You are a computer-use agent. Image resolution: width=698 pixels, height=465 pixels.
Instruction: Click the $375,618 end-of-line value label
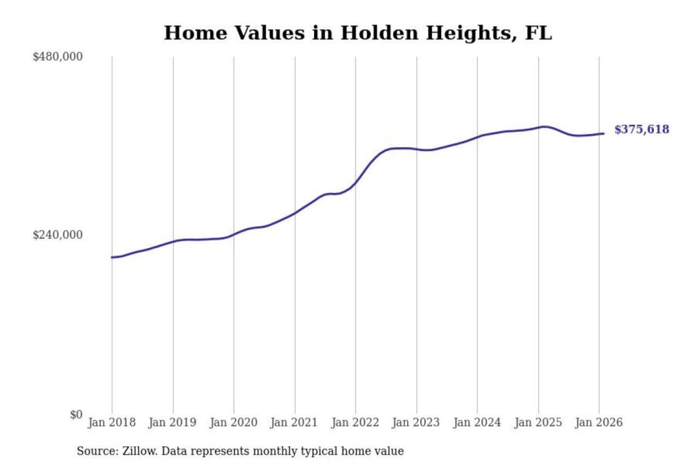pyautogui.click(x=641, y=129)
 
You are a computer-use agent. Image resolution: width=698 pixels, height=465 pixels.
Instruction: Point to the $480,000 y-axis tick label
pyautogui.click(x=58, y=57)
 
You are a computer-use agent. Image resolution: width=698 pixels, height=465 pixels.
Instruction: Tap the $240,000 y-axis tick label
pyautogui.click(x=58, y=235)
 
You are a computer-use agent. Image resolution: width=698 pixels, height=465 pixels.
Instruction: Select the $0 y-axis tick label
pyautogui.click(x=76, y=415)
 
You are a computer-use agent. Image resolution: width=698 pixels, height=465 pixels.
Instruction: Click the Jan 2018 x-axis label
pyautogui.click(x=111, y=422)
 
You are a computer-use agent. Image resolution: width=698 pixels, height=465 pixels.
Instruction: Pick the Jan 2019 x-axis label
pyautogui.click(x=173, y=422)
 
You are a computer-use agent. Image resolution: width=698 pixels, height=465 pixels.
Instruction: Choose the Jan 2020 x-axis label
pyautogui.click(x=233, y=422)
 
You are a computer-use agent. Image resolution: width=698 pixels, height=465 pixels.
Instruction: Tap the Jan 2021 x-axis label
pyautogui.click(x=294, y=422)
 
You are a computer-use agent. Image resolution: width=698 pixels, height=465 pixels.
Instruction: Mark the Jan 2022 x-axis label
pyautogui.click(x=355, y=422)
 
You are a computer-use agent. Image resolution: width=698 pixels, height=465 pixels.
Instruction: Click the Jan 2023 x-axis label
pyautogui.click(x=415, y=422)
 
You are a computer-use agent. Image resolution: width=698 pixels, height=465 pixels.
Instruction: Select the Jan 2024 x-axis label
pyautogui.click(x=476, y=422)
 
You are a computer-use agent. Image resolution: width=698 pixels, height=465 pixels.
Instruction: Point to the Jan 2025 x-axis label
pyautogui.click(x=538, y=422)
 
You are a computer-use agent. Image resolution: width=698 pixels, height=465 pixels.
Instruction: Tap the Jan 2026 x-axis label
pyautogui.click(x=598, y=422)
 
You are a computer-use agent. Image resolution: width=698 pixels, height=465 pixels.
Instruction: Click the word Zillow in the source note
pyautogui.click(x=139, y=451)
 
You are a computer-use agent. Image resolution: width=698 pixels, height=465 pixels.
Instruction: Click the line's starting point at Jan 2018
pyautogui.click(x=112, y=257)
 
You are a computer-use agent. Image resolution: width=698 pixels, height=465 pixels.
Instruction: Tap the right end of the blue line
pyautogui.click(x=603, y=134)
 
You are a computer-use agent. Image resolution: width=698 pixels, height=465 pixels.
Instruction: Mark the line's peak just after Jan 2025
pyautogui.click(x=544, y=127)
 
